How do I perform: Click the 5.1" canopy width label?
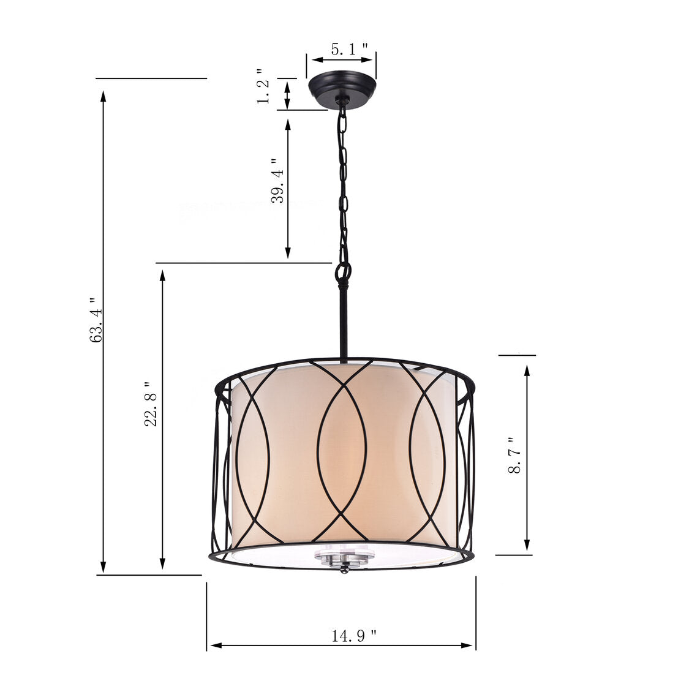pos(349,50)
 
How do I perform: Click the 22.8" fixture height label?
pos(151,404)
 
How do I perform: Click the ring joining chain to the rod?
pos(343,270)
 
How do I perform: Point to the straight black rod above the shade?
pos(344,322)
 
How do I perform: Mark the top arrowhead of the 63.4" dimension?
pos(104,96)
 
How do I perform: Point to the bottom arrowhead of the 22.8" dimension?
pos(162,563)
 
